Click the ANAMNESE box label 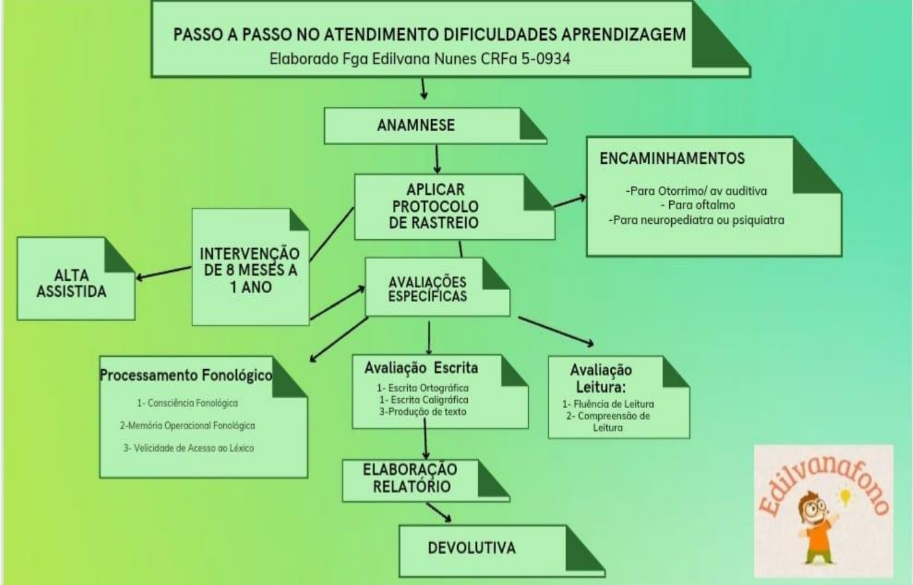pos(416,125)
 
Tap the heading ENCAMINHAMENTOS pos(672,158)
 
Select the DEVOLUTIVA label pos(471,548)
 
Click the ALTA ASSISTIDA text pos(71,283)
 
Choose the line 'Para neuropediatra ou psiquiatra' pos(697,220)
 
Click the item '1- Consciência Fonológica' pos(187,403)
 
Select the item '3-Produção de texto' pos(423,412)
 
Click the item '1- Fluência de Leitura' pos(608,404)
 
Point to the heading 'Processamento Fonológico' pos(186,375)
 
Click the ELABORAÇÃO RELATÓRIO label pos(410,478)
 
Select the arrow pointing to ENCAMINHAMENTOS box pos(570,202)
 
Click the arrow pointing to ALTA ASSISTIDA pos(163,273)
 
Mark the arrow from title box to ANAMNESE pos(424,88)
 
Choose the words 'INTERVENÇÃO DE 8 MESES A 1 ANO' pos(249,270)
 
